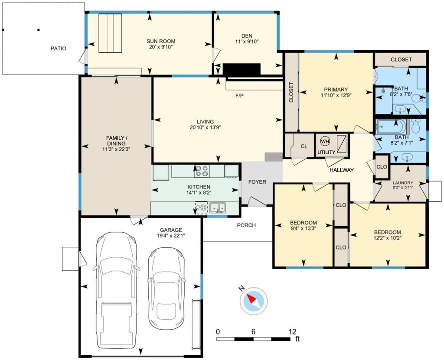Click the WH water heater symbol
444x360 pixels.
[x=325, y=141]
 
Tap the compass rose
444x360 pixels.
[x=253, y=301]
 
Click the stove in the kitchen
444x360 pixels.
[x=202, y=171]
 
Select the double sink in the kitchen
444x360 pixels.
[x=218, y=208]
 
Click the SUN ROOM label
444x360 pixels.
[x=161, y=41]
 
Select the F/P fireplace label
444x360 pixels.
[x=239, y=96]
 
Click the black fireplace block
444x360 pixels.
[x=241, y=69]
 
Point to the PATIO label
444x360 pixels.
[x=59, y=49]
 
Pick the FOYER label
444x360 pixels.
[x=257, y=182]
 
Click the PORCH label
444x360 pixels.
[x=246, y=225]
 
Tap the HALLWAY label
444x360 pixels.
[x=342, y=170]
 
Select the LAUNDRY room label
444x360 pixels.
[x=403, y=183]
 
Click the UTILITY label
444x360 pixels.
[x=326, y=152]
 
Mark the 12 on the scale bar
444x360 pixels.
[x=292, y=331]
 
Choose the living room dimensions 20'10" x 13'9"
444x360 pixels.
[x=205, y=127]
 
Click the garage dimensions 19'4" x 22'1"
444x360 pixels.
[x=171, y=235]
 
